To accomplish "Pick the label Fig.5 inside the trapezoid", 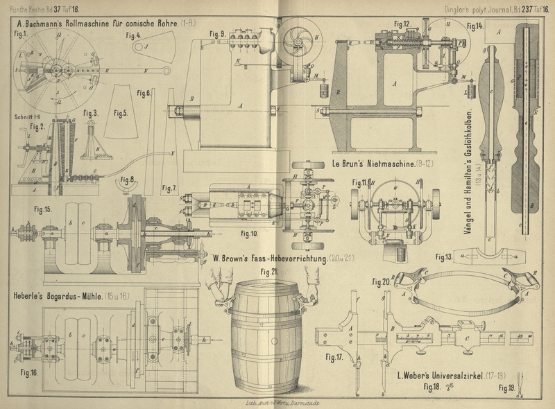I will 121,112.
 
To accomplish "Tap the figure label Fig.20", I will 380,281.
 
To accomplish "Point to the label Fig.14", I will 475,26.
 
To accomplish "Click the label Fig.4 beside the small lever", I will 133,34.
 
